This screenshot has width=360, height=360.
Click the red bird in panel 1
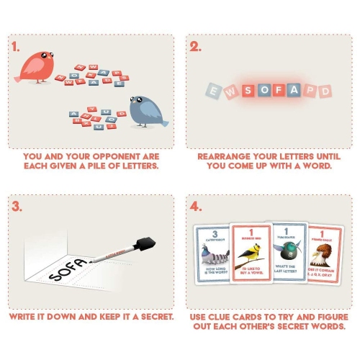tap(36, 66)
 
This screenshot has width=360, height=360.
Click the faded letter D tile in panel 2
tap(326, 91)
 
